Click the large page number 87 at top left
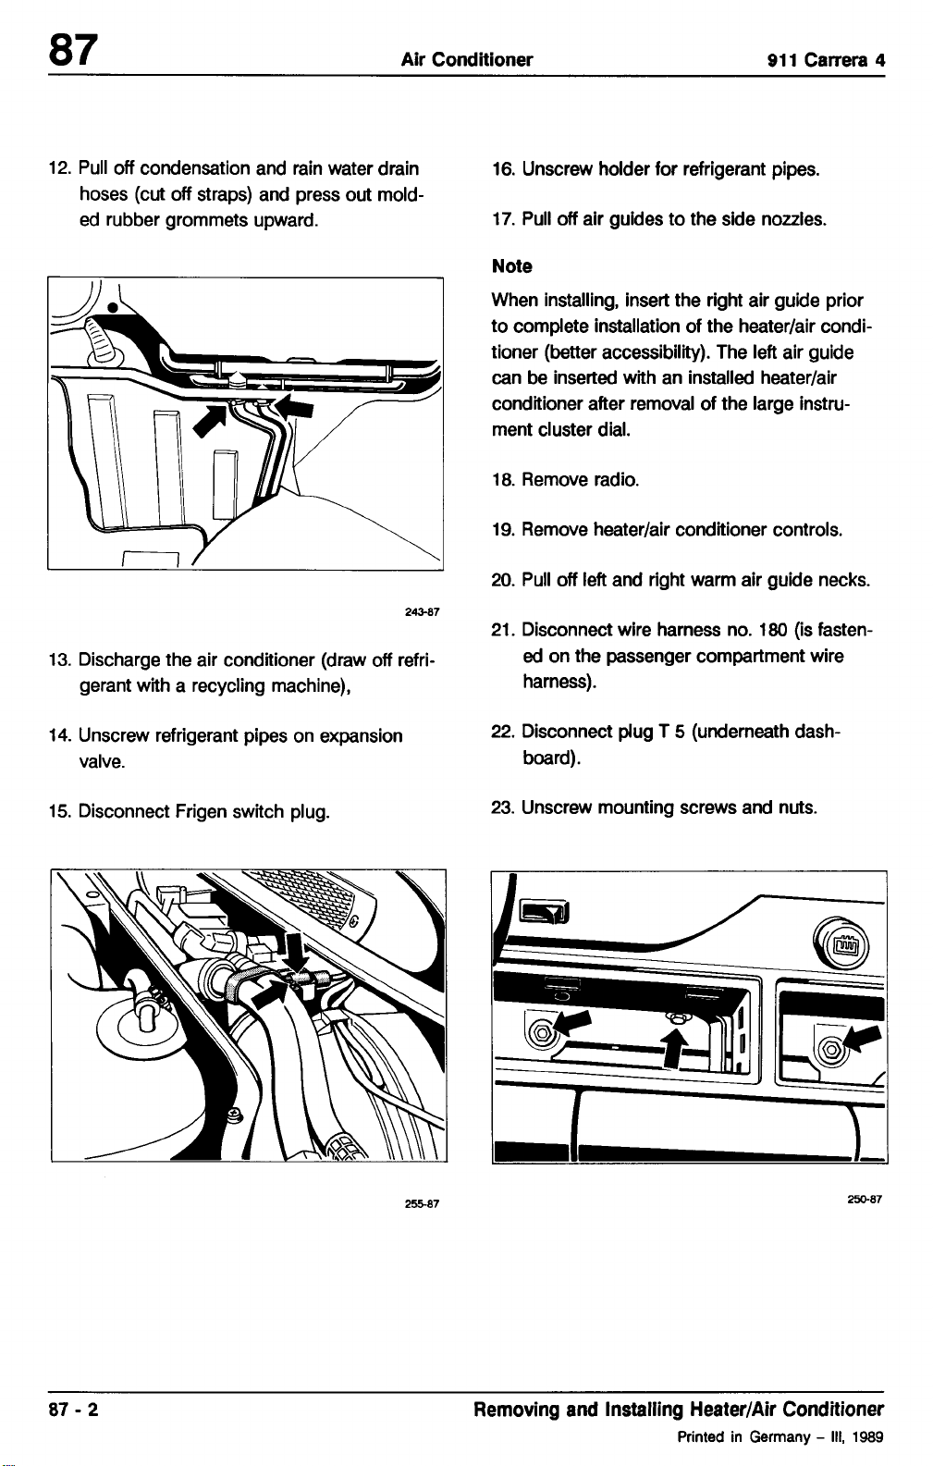tap(73, 50)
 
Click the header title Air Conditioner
tap(466, 59)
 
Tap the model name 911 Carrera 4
tap(827, 60)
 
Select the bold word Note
tap(511, 266)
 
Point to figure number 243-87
tap(422, 612)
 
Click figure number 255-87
tap(422, 1203)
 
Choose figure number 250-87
tap(865, 1199)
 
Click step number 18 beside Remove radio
tap(502, 480)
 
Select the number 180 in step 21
tap(773, 630)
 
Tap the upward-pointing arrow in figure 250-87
tap(675, 1047)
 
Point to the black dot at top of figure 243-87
tap(113, 306)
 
